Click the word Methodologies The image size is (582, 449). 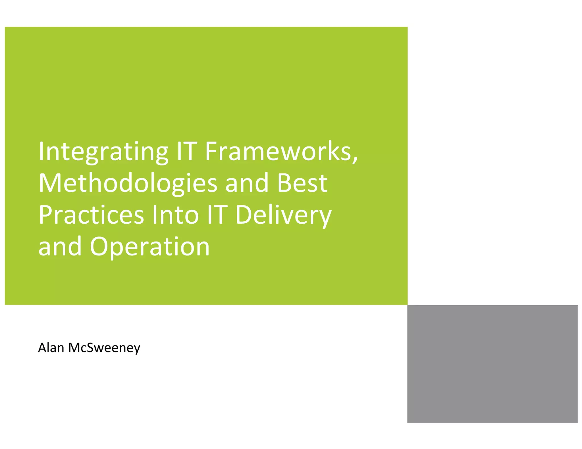point(128,184)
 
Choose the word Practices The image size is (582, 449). point(91,215)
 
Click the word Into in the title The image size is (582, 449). point(175,215)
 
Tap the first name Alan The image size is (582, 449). point(51,348)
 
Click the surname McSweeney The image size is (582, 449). point(104,348)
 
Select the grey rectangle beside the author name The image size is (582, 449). point(492,364)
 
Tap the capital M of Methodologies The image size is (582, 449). point(50,183)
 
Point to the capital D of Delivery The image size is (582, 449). point(243,215)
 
